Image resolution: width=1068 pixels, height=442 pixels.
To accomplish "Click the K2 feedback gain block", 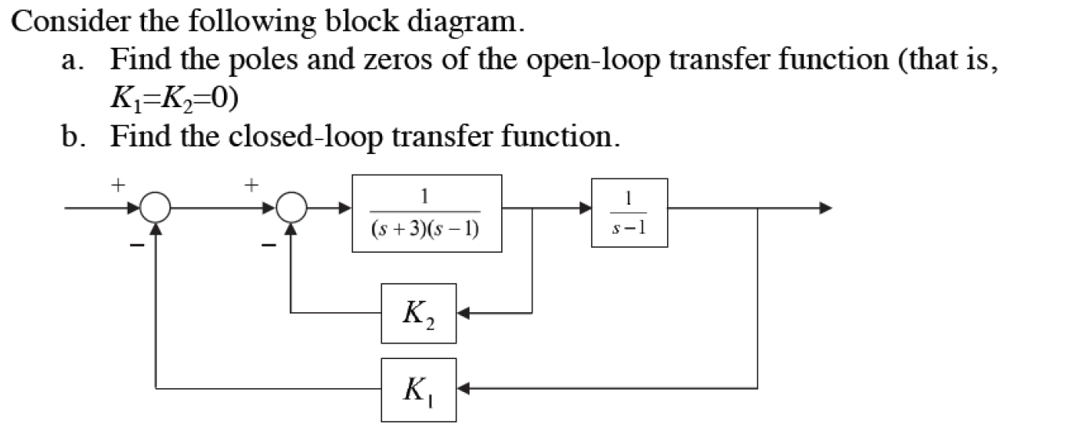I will pos(418,313).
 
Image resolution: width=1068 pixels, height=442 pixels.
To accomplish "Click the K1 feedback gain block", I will pos(418,389).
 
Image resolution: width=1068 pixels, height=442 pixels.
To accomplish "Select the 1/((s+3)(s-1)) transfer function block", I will pos(427,213).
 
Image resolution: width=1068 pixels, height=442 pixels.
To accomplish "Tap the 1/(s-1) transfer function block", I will pos(630,213).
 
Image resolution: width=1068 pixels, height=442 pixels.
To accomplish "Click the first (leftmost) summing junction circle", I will pos(157,209).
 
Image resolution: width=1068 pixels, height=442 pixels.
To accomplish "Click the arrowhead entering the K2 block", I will pos(463,314).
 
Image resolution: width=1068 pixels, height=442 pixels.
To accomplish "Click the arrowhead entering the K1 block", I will pos(463,388).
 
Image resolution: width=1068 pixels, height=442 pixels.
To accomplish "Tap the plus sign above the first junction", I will pos(117,185).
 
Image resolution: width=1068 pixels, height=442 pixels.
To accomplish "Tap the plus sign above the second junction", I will pos(251,185).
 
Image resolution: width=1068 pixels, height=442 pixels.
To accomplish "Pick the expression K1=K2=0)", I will pos(175,98).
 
